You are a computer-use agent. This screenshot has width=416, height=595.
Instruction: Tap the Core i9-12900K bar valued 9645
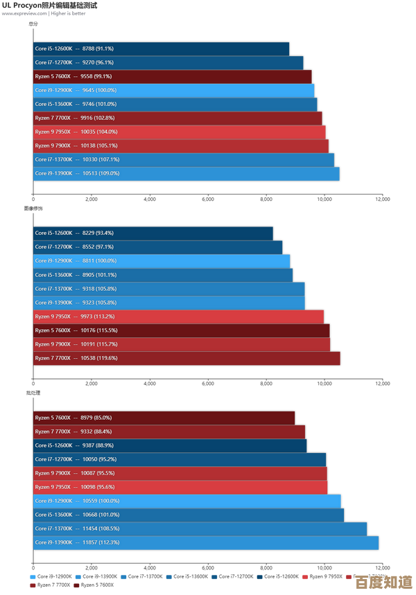[173, 90]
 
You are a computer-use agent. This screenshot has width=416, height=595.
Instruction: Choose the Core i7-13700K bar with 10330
[183, 159]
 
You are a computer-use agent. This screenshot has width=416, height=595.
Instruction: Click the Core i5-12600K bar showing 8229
[153, 233]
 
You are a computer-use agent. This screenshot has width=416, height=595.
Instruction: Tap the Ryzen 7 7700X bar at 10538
[187, 358]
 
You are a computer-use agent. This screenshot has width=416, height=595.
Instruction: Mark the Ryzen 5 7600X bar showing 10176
[181, 330]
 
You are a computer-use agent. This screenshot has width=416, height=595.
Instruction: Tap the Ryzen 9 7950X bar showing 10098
[180, 487]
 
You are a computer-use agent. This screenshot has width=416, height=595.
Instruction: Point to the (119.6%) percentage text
[106, 358]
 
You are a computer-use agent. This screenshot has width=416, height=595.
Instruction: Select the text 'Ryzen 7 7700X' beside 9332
[53, 432]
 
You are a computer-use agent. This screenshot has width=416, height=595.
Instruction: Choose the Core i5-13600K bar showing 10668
[188, 515]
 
